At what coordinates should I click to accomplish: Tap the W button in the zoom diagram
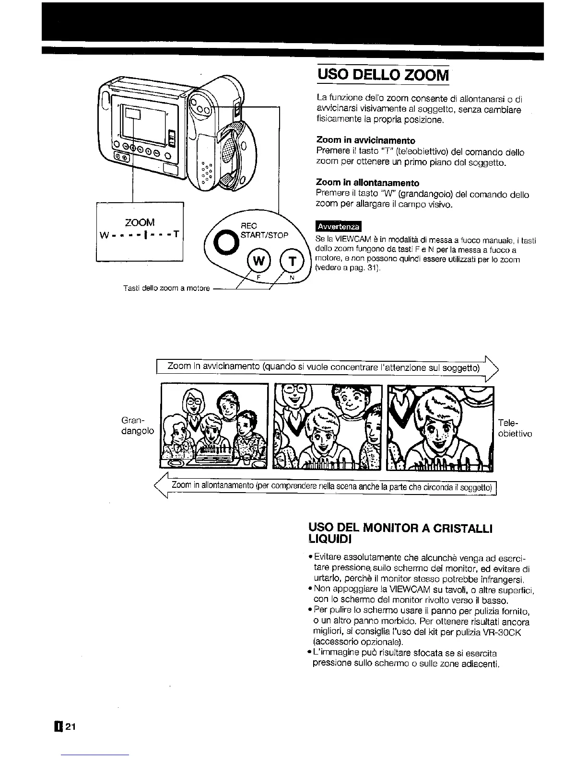[258, 262]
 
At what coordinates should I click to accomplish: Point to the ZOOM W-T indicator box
[140, 231]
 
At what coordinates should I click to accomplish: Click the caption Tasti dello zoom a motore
[165, 288]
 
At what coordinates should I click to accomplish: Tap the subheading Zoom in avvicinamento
[365, 140]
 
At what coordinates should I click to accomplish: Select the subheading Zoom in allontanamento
[367, 183]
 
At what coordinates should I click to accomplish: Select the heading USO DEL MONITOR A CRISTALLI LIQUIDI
[400, 533]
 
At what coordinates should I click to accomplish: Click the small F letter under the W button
[258, 277]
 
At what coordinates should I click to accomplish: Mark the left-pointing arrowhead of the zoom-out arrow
[160, 487]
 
